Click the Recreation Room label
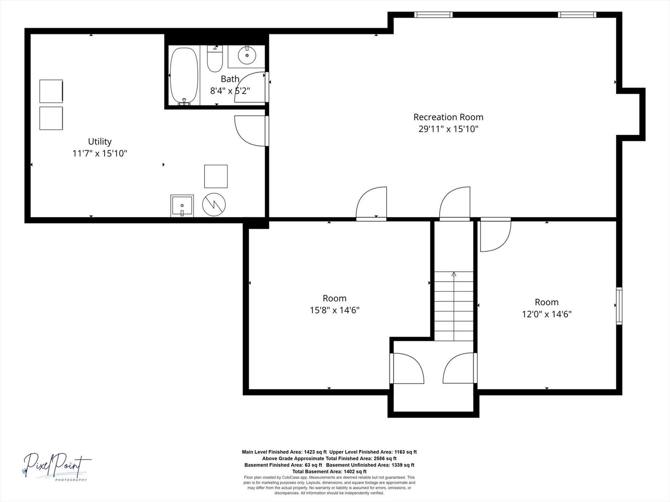click(448, 117)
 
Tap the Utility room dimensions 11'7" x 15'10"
click(100, 153)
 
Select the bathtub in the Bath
click(184, 76)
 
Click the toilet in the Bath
click(215, 59)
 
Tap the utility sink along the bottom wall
click(182, 206)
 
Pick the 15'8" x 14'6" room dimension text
click(335, 310)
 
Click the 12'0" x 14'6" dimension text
click(546, 314)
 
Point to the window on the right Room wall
click(619, 306)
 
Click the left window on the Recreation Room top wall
click(434, 14)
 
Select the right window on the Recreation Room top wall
click(577, 14)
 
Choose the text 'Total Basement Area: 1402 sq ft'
click(329, 471)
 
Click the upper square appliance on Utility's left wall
click(51, 92)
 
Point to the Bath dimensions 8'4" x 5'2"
click(230, 91)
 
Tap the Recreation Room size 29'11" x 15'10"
click(448, 129)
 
